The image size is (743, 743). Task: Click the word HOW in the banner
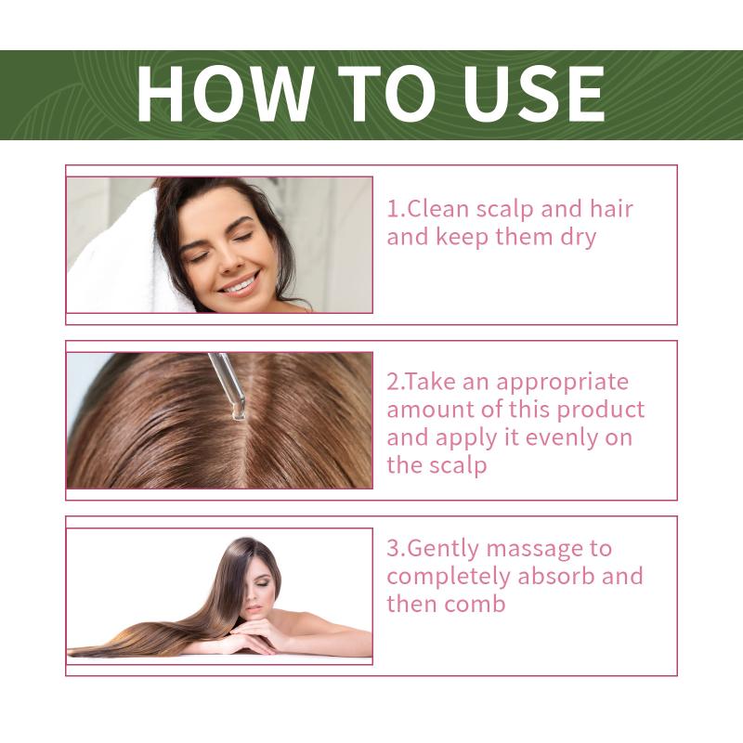(225, 94)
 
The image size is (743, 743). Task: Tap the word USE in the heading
(534, 94)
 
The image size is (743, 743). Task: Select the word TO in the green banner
(386, 94)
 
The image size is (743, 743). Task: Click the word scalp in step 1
(504, 210)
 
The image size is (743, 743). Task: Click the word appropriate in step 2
(563, 383)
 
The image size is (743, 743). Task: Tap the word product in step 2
(601, 411)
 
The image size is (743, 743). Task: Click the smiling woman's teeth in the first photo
(241, 285)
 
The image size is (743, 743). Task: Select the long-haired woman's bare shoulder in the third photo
(308, 622)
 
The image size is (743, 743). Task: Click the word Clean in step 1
(437, 210)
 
